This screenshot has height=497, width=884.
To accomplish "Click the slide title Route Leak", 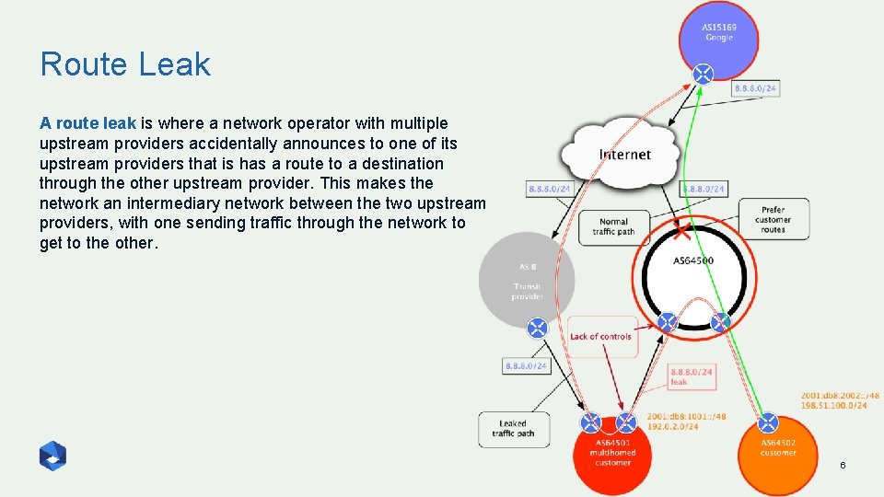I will point(125,64).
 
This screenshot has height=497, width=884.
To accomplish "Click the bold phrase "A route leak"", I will point(87,123).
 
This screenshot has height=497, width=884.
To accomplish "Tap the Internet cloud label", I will point(624,155).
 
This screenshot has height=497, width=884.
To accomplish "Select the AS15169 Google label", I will point(718,32).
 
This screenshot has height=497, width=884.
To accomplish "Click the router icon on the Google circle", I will point(703,74).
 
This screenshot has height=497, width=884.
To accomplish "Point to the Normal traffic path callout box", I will point(613,226).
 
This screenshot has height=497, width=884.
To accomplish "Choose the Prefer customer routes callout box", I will point(773,219).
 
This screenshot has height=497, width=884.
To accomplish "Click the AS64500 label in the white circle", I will point(692,260).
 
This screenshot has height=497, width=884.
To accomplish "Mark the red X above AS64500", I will point(682,227).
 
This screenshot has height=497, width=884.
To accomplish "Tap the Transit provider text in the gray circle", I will point(528,291).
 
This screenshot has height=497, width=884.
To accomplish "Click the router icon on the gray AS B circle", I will point(537,328).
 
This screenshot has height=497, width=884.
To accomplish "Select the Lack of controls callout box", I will point(600,337).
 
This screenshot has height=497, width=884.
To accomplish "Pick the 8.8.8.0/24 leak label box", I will point(691,376).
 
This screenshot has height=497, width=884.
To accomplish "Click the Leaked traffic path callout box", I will point(513,429).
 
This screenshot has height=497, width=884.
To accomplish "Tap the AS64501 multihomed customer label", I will point(612,452).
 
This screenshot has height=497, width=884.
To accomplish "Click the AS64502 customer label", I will point(778,447).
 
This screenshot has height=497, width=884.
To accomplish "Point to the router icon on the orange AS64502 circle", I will point(767,423).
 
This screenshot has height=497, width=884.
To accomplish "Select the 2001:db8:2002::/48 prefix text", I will point(840,395).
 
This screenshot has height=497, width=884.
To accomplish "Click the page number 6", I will point(842,466).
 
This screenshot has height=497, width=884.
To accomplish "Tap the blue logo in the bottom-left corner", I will point(52,456).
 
